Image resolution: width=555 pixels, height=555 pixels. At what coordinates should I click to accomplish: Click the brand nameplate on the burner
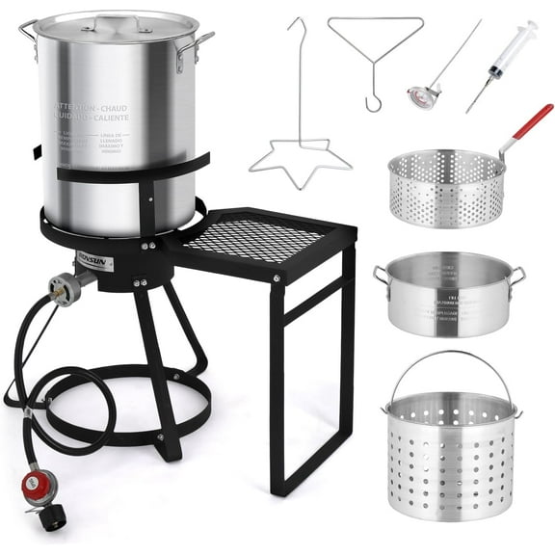pos(94,261)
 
